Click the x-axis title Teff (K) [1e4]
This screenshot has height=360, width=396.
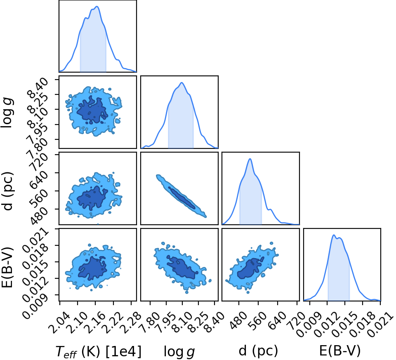[x=98, y=351]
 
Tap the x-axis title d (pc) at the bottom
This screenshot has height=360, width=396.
[x=258, y=351]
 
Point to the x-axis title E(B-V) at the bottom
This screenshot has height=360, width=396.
[x=340, y=351]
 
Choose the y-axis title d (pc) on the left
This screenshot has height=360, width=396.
[x=7, y=191]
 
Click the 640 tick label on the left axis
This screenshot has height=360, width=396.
[x=39, y=180]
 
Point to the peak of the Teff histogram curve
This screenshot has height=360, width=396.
[x=97, y=7]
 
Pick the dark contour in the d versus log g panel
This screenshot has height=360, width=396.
[x=182, y=198]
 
